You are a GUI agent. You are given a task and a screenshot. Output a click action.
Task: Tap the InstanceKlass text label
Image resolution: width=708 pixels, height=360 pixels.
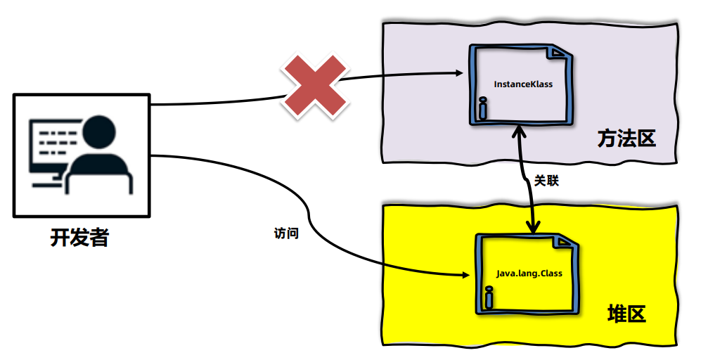click(523, 84)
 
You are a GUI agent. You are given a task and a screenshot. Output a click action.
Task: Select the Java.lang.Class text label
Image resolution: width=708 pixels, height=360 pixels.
click(529, 273)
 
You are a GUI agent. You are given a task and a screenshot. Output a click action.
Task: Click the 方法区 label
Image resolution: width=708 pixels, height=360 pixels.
click(626, 139)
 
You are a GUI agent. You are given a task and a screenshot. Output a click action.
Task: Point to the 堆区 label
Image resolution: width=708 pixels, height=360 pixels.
click(626, 314)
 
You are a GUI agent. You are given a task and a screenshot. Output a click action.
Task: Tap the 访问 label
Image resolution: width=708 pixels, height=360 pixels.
click(285, 233)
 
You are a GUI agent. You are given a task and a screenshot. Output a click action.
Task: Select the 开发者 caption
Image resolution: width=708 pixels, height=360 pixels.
click(79, 238)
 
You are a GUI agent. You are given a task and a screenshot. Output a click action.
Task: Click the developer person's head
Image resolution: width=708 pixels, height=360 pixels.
click(98, 131)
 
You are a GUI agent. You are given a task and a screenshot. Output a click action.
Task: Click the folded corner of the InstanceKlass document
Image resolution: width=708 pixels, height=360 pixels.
click(560, 54)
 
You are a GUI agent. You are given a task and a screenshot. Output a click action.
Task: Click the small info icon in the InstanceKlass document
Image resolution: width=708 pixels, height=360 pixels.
click(482, 108)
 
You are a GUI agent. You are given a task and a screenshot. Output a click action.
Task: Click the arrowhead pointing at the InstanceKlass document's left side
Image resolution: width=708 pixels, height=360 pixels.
click(458, 72)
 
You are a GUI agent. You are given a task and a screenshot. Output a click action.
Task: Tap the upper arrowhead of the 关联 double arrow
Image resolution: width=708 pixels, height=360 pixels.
click(520, 131)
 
